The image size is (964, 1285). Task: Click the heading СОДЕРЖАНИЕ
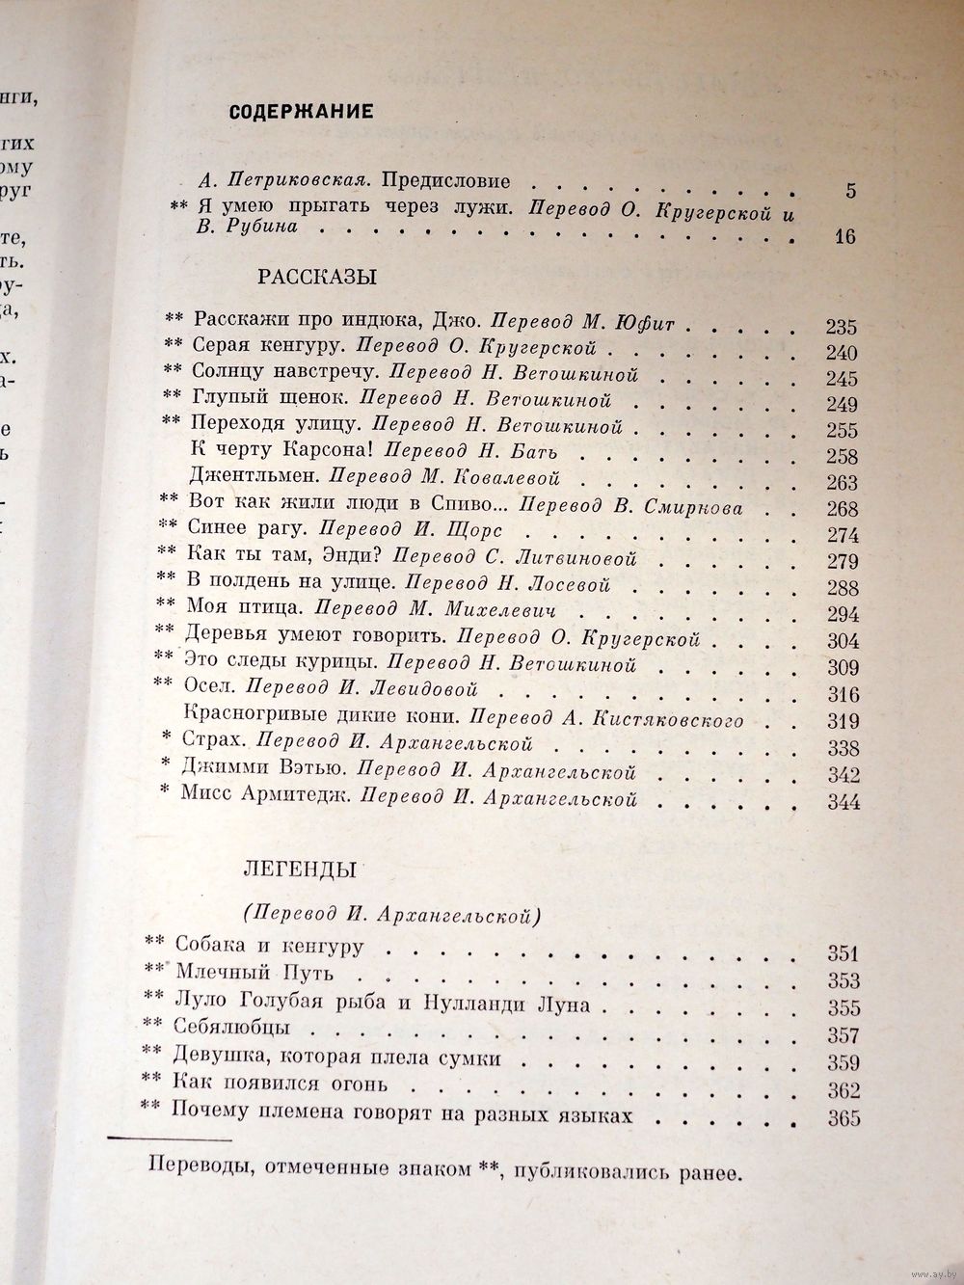301,112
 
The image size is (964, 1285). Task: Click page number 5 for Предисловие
849,191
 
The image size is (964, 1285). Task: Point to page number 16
844,236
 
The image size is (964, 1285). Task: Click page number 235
842,327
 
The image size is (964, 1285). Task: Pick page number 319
843,721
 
